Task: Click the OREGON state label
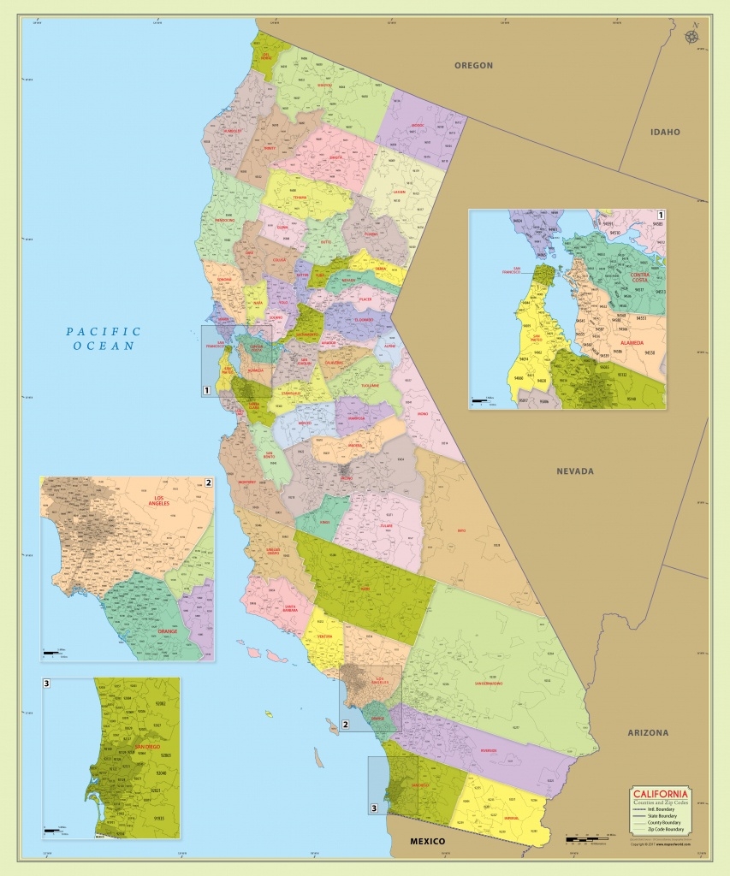point(473,65)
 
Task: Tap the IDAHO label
point(665,132)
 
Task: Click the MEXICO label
point(426,842)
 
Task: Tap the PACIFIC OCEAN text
point(104,339)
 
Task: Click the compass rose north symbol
point(691,36)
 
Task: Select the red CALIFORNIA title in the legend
point(660,793)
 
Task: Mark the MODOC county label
point(417,126)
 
